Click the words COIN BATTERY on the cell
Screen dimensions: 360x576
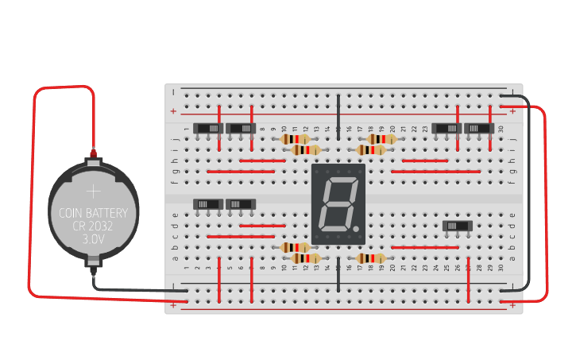point(93,213)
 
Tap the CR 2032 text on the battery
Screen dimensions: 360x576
point(94,225)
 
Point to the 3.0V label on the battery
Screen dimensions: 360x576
point(94,237)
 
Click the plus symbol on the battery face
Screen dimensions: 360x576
point(94,192)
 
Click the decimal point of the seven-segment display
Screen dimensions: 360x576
point(357,230)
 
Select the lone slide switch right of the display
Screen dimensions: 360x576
point(458,226)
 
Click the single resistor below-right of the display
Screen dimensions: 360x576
point(371,258)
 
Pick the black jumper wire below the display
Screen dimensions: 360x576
point(338,274)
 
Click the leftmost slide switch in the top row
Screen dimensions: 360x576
point(210,128)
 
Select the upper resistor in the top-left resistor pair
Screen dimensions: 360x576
point(296,139)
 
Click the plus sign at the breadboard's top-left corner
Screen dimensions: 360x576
point(173,110)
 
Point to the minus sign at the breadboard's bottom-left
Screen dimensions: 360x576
point(173,285)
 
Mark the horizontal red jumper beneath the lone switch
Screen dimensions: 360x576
point(425,247)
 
